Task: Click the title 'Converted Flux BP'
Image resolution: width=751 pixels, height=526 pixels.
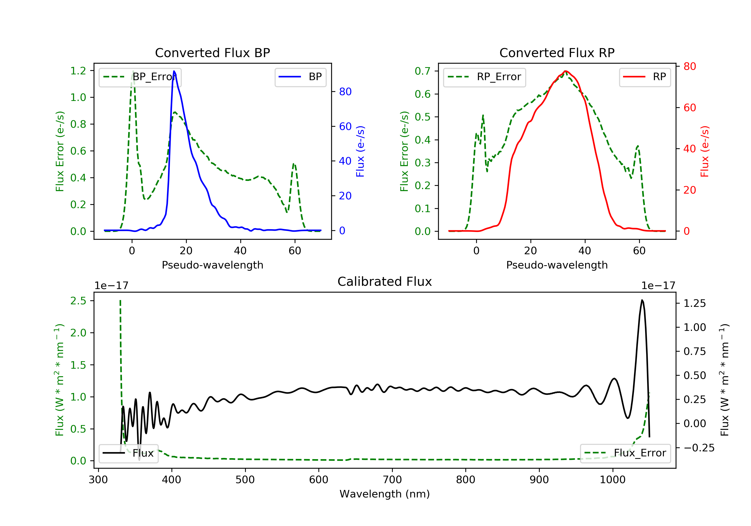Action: point(212,53)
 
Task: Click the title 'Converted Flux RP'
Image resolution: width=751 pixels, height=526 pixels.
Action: point(557,53)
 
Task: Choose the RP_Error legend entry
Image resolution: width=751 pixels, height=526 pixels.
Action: point(484,77)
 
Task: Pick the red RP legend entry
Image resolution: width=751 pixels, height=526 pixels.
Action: point(644,77)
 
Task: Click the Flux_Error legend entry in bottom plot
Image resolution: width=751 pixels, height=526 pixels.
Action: point(625,453)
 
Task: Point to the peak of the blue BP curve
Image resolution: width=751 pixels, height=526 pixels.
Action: point(174,71)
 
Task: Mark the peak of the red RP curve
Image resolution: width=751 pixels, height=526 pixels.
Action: point(566,71)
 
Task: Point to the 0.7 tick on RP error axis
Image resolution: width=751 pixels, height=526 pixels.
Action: point(423,71)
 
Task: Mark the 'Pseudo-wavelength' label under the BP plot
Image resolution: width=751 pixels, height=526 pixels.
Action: point(212,265)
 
